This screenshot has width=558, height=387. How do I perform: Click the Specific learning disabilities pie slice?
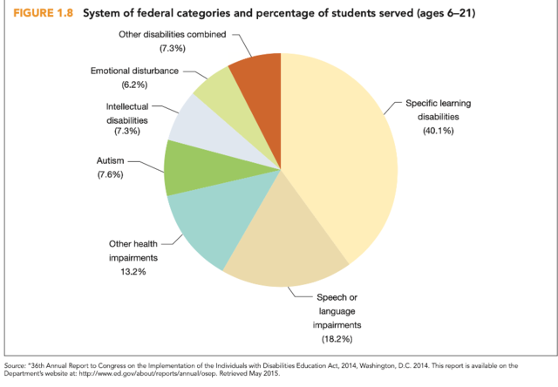[340, 148]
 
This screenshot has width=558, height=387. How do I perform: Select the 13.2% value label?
[127, 271]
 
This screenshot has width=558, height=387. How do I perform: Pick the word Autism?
[111, 161]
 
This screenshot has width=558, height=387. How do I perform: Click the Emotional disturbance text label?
[133, 71]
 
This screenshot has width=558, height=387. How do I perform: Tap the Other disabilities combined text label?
[172, 33]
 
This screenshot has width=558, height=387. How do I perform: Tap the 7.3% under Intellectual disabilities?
[126, 131]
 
